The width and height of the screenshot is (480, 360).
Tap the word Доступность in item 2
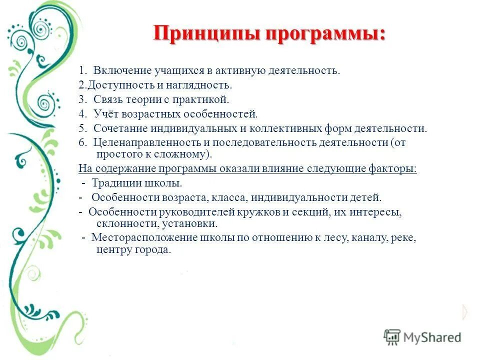(116, 85)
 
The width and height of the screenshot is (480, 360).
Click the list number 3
(81, 99)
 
